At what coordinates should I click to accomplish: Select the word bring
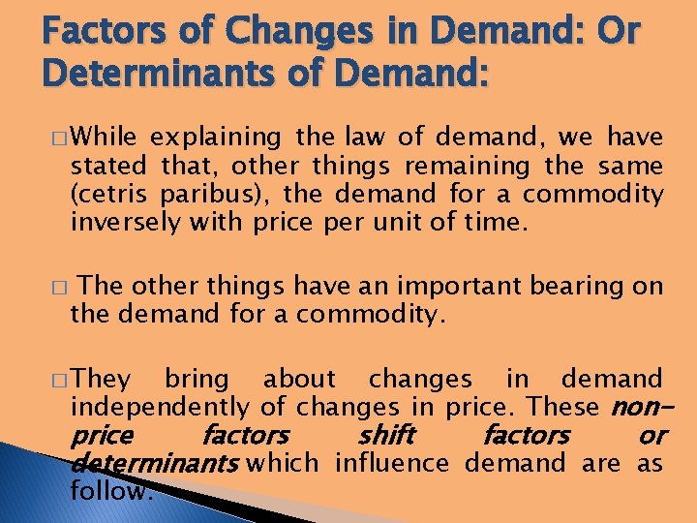(197, 379)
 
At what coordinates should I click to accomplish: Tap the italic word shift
(386, 435)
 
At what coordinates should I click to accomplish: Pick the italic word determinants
(155, 464)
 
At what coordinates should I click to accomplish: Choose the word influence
(392, 463)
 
